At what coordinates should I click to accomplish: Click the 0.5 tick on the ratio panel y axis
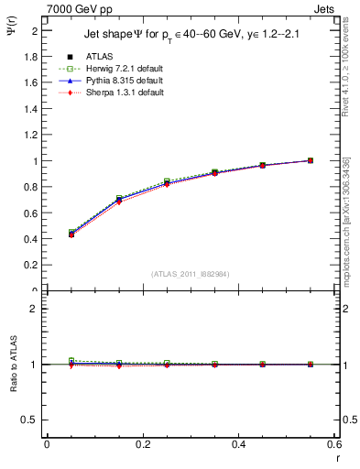coord(32,420)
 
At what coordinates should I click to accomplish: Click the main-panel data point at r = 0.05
coord(47,234)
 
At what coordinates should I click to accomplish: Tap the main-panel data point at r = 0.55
coord(310,160)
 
